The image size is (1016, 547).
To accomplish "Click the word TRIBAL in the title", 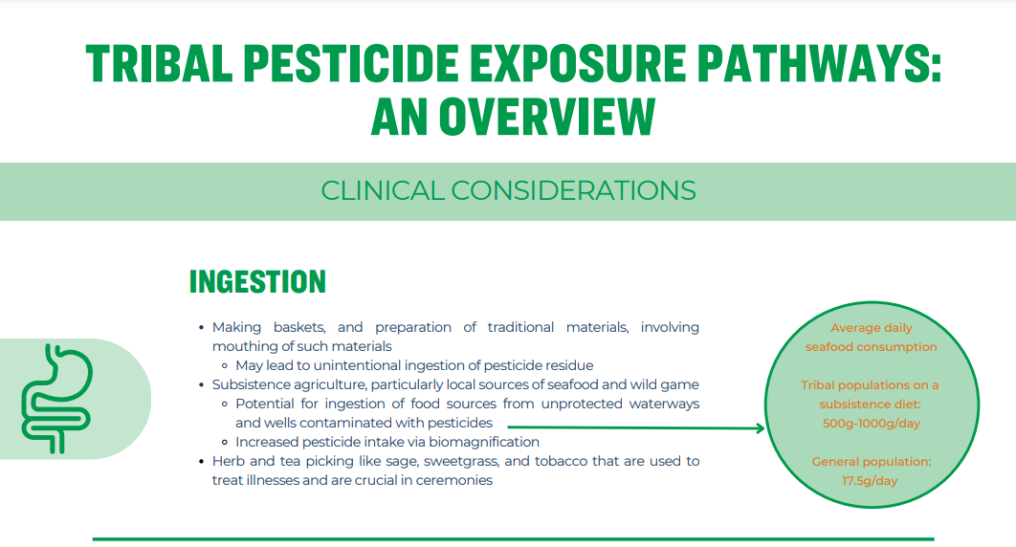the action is coord(160,63).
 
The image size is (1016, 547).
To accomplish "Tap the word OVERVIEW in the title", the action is coord(547,118).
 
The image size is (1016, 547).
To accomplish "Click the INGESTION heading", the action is coord(257,282).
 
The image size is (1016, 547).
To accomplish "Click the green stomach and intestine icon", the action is coord(57,398).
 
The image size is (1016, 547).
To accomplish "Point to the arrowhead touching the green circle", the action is coord(760,427).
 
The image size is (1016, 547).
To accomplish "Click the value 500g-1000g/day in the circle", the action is coord(871,424).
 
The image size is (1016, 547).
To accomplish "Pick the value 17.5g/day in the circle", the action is coord(870,481).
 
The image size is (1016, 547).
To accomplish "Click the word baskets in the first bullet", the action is coord(298,328).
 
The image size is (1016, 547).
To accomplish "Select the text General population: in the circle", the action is coord(871,462).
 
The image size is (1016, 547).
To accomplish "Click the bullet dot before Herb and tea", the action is coord(202,462).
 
